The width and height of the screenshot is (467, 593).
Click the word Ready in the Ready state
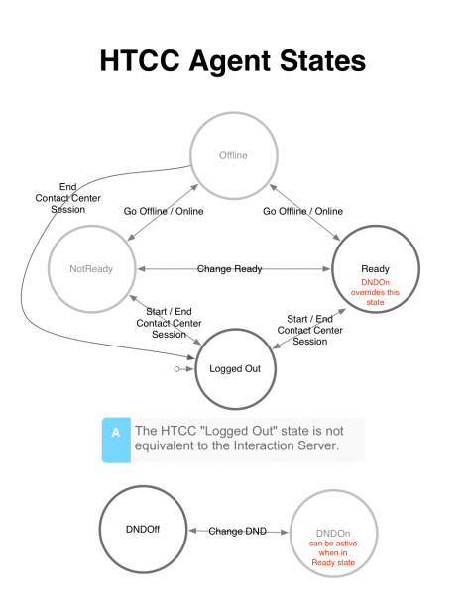point(375,269)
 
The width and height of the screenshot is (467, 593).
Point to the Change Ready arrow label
point(229,269)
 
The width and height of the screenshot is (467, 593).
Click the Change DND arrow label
point(238,531)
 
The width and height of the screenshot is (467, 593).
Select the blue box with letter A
point(116,441)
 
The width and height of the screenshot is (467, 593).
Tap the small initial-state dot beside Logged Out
point(176,369)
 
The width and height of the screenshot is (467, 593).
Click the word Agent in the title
point(230,61)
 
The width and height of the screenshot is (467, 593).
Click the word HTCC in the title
point(140,61)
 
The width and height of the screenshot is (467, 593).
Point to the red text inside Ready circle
point(375,292)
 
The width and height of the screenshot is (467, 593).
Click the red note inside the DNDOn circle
point(333,553)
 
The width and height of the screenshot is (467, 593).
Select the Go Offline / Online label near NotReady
point(164,211)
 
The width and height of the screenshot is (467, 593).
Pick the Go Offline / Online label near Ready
point(302,211)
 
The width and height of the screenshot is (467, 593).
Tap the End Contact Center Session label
point(67,198)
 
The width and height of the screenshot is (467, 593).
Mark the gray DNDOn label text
point(333,534)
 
